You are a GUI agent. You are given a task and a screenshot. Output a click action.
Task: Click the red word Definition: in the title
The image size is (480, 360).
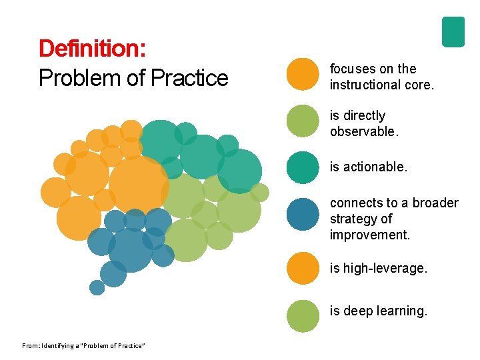93,49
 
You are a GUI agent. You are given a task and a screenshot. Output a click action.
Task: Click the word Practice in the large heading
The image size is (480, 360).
189,78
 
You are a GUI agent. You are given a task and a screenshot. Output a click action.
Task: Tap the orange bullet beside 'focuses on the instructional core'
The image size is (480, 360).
303,73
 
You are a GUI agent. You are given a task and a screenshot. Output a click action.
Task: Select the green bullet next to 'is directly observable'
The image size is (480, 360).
303,121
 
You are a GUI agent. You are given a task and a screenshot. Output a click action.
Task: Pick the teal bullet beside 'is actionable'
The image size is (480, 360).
303,167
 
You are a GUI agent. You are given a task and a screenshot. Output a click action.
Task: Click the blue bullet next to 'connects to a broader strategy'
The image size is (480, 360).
303,215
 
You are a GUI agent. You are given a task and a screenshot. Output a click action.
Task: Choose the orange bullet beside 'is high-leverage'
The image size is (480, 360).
303,268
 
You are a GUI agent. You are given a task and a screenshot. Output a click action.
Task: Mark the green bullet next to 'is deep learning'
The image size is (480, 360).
303,315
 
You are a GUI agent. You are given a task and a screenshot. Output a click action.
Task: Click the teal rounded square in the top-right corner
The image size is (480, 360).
453,31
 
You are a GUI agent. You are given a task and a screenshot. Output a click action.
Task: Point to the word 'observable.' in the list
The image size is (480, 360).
364,131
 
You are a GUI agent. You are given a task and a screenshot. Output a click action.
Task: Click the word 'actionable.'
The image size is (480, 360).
375,167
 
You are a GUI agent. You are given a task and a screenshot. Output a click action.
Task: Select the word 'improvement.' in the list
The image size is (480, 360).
370,235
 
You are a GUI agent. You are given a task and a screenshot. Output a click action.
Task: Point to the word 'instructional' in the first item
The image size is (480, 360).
365,85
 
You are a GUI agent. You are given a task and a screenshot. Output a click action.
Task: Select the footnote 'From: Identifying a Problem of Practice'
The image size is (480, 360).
83,345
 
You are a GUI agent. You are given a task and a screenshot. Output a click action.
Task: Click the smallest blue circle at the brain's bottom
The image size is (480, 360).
97,287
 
